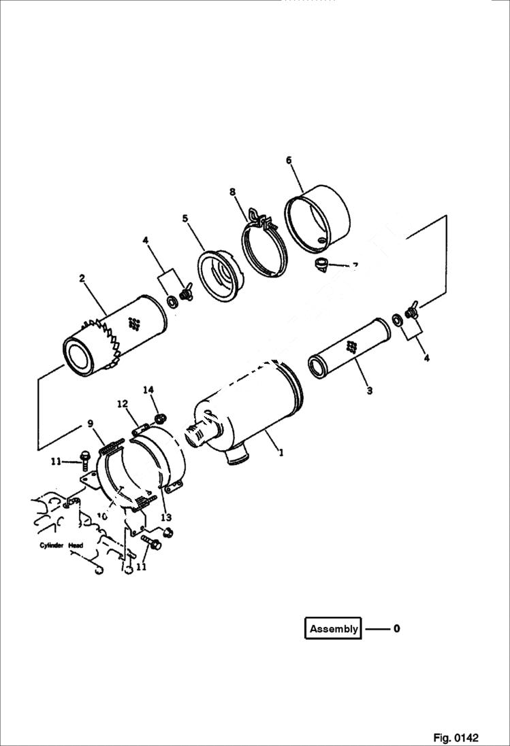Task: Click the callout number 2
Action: [82, 278]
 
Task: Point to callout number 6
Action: [289, 160]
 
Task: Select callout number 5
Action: [185, 218]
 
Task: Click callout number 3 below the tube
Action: [369, 391]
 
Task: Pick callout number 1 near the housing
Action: [281, 450]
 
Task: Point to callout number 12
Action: [123, 404]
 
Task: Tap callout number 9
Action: [91, 424]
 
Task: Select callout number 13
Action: [165, 518]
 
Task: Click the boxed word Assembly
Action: [334, 628]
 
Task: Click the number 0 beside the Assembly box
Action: [396, 628]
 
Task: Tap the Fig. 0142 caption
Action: [456, 738]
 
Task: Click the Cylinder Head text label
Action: [61, 545]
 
